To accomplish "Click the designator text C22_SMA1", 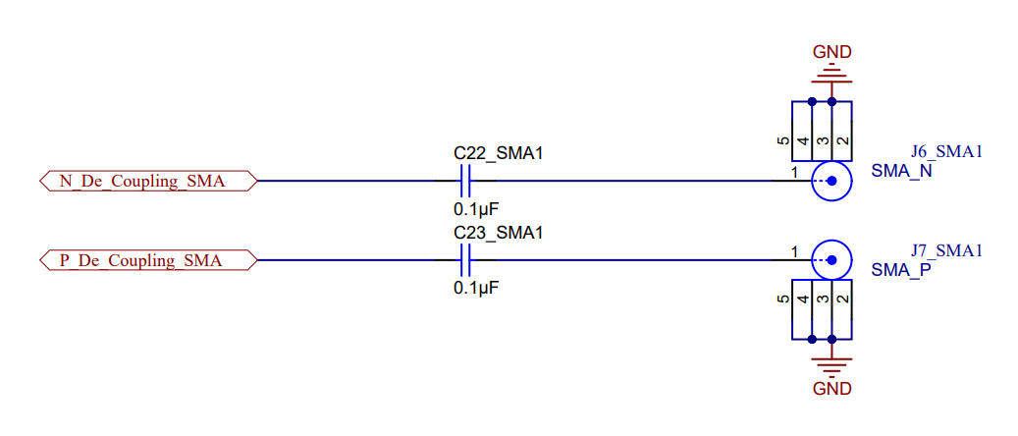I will pos(498,153).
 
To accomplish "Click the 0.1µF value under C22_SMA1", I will pos(476,209).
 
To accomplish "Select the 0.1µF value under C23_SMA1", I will pos(476,289).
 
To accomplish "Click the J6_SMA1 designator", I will pos(946,152).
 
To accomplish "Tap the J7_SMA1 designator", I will pos(946,251).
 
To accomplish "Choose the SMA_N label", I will pos(901,171).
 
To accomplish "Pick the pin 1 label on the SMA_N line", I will pos(794,173).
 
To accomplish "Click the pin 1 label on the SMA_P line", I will pos(794,252).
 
